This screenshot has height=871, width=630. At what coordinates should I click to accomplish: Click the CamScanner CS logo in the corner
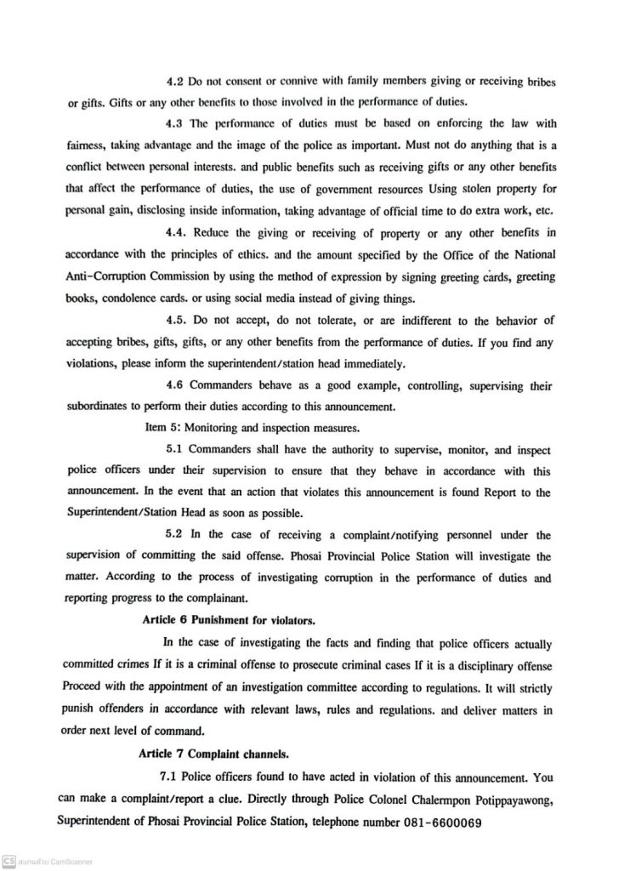(9, 862)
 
